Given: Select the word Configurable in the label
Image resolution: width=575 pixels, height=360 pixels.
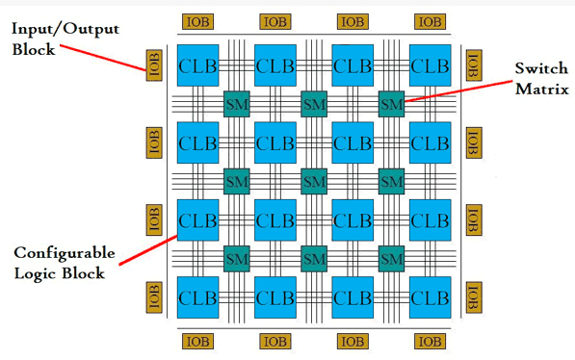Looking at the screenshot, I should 64,254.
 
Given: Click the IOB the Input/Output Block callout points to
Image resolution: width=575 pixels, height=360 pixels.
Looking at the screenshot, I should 151,66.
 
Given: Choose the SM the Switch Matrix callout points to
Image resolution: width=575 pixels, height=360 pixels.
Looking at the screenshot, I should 391,101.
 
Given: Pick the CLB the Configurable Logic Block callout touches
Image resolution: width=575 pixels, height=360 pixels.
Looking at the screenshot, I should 196,220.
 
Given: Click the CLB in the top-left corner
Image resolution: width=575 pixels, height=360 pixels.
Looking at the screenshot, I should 196,65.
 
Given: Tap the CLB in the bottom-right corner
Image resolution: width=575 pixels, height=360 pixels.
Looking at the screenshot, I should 430,297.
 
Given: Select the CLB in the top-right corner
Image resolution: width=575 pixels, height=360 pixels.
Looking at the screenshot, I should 430,65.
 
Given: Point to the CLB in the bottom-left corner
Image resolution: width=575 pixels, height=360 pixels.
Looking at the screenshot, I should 196,297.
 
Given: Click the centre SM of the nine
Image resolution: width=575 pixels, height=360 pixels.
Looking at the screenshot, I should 313,180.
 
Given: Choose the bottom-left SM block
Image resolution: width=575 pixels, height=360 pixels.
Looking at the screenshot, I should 236,258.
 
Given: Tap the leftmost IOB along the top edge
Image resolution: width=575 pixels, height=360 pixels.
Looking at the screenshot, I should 196,20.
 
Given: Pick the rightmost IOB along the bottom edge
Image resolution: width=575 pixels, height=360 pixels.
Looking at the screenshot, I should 430,342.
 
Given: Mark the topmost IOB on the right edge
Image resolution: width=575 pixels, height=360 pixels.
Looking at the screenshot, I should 473,65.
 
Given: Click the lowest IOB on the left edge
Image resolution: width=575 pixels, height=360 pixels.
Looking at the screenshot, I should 151,297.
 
